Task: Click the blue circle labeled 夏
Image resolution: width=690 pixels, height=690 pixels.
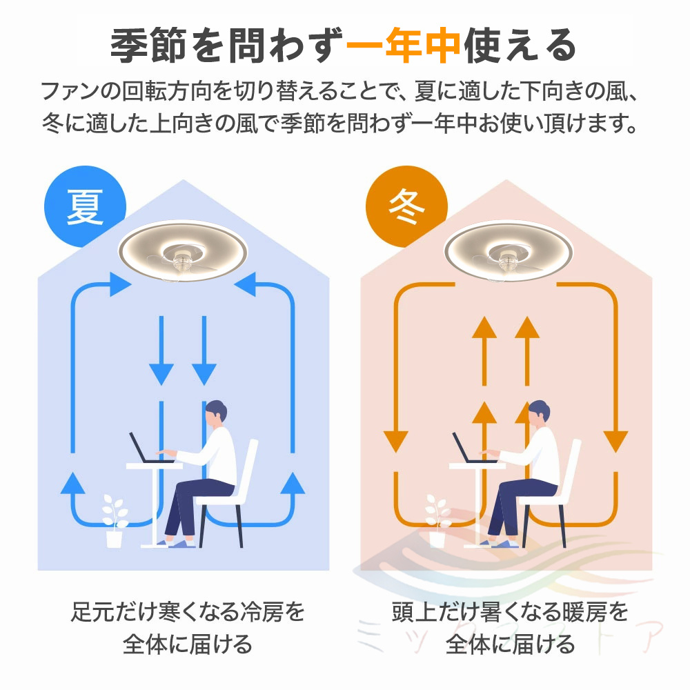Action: point(85,206)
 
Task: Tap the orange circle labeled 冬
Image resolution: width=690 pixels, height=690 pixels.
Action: point(406,206)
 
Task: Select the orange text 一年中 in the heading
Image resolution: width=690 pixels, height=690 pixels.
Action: point(404,46)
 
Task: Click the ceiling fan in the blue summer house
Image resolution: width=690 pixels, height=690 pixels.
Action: point(184,251)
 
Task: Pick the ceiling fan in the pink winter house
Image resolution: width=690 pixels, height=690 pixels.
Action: point(509,251)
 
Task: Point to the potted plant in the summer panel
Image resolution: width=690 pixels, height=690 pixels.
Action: point(115,521)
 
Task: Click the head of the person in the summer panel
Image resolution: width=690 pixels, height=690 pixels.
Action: point(215,413)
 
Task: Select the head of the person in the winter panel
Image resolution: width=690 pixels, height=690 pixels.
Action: point(539,413)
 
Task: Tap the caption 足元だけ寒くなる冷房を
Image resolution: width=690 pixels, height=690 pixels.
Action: point(188,611)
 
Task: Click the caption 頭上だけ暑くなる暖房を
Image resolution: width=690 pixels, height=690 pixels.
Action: point(511,611)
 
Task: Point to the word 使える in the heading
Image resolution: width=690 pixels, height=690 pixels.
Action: point(520,46)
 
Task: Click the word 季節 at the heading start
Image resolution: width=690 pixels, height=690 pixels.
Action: point(148,46)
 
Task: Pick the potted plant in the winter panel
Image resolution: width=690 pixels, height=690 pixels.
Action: point(437,521)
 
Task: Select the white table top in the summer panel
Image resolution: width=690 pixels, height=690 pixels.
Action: point(154,466)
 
